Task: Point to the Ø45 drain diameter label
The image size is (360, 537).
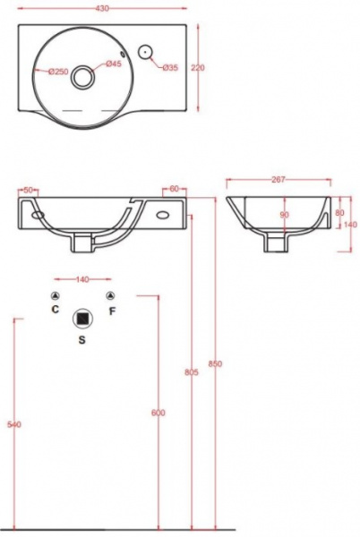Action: pos(114,64)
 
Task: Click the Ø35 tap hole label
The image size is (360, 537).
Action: pos(170,69)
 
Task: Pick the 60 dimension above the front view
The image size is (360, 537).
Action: pos(174,189)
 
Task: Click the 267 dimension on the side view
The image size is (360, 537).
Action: pos(278,180)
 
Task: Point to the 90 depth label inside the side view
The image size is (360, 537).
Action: pos(284,215)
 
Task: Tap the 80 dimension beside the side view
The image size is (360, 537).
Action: pos(339,213)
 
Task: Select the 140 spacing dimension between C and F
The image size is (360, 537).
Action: pos(82,280)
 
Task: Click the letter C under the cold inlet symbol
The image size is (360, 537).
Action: pos(56,311)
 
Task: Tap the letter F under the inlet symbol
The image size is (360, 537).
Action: pos(111,311)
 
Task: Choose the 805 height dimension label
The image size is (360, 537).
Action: pos(191,372)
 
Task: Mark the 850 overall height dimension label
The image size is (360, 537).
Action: pos(215,363)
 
